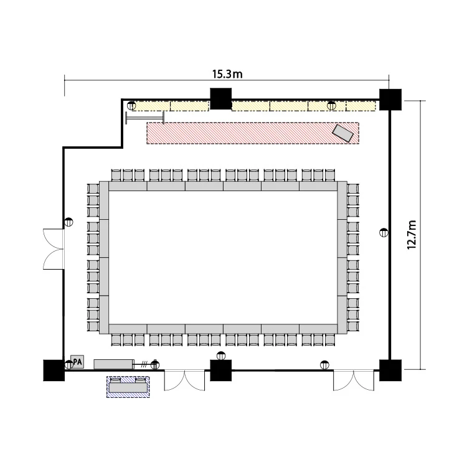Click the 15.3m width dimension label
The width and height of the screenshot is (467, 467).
tap(227, 74)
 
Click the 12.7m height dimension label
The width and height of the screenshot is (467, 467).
tap(412, 235)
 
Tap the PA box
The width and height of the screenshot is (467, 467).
tap(77, 362)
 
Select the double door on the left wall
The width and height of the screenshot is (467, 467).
tap(54, 249)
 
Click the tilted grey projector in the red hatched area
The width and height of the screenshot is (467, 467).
tap(343, 133)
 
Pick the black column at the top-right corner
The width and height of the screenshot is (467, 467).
tap(390, 100)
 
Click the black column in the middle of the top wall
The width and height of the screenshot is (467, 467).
tap(220, 98)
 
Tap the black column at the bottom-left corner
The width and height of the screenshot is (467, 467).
tap(54, 370)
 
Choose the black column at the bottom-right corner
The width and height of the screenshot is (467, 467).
tap(390, 370)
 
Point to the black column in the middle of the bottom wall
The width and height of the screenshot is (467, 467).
tap(220, 370)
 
